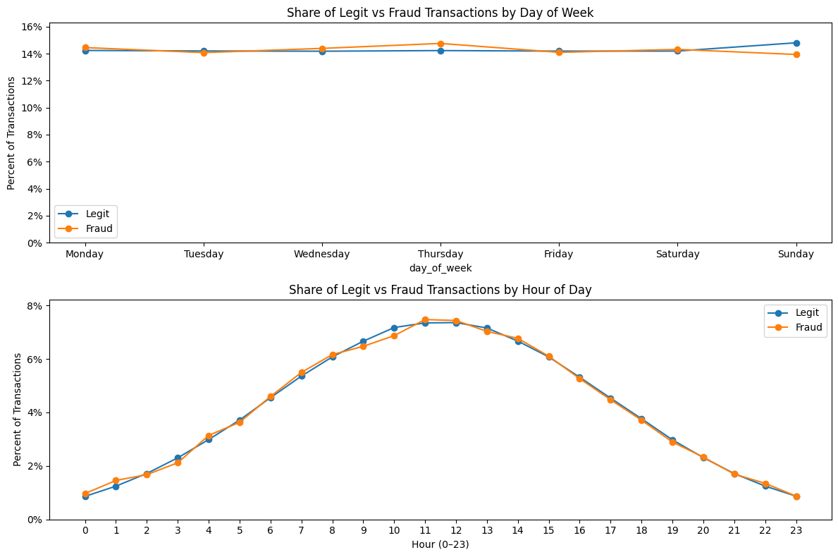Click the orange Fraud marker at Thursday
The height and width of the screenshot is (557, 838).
(x=440, y=44)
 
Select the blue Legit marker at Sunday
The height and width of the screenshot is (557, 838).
(x=796, y=43)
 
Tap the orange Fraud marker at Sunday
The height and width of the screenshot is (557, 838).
(x=796, y=54)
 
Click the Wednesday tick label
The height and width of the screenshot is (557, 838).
(x=322, y=255)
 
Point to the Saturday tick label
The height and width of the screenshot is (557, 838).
(x=677, y=255)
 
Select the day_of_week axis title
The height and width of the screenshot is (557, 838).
(x=440, y=268)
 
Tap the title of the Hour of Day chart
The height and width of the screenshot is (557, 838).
(x=440, y=290)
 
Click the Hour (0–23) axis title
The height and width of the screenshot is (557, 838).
(x=440, y=544)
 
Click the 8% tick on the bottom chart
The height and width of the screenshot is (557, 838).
(x=35, y=306)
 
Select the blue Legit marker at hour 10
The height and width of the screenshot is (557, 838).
(x=394, y=328)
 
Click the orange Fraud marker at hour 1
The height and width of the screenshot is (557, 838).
(x=116, y=481)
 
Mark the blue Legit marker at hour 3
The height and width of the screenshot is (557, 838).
(x=178, y=458)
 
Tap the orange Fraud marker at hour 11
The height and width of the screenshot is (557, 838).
(x=425, y=320)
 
